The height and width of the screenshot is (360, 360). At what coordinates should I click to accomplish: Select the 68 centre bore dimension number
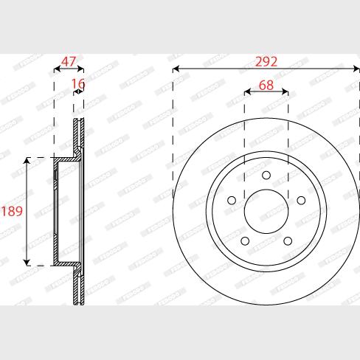[x=266, y=85]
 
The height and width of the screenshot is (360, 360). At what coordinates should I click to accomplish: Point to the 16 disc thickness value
[x=78, y=85]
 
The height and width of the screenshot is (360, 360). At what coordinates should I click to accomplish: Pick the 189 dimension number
[x=11, y=212]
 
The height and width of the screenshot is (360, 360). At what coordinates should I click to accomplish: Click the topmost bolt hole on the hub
[x=266, y=175]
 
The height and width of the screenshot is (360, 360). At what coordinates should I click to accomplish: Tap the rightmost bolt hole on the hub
[x=300, y=200]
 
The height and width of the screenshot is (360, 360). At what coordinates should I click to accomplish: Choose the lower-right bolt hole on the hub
[x=287, y=240]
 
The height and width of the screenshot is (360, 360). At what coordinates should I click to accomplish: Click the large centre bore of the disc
[x=266, y=212]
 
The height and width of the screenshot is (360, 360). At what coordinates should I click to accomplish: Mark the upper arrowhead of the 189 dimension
[x=27, y=161]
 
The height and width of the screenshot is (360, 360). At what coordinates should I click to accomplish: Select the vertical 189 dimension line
[x=27, y=184]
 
